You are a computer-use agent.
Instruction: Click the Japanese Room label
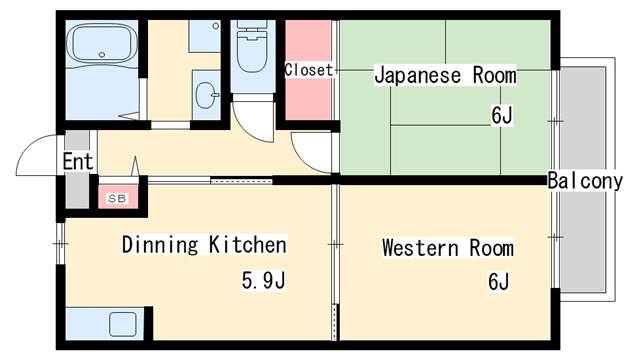coord(445,75)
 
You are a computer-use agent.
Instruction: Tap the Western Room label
coord(447,248)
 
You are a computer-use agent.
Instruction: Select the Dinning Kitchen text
coord(204,244)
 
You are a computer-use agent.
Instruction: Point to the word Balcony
coord(585,181)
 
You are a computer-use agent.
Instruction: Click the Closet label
coord(309,70)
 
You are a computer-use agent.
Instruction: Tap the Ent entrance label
coord(77,161)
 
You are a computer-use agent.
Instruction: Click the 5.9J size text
coord(263,280)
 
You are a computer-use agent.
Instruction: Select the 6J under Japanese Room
coord(501,115)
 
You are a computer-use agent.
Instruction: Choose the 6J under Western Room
coord(499,282)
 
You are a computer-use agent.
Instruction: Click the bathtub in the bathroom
coord(100,46)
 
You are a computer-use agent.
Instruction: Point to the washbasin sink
coord(206,97)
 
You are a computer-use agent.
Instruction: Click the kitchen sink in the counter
coord(122,325)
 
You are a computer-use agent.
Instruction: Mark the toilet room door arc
coord(256,122)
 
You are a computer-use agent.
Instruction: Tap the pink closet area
coord(309,95)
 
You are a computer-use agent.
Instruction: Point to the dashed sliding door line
coord(241,181)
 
